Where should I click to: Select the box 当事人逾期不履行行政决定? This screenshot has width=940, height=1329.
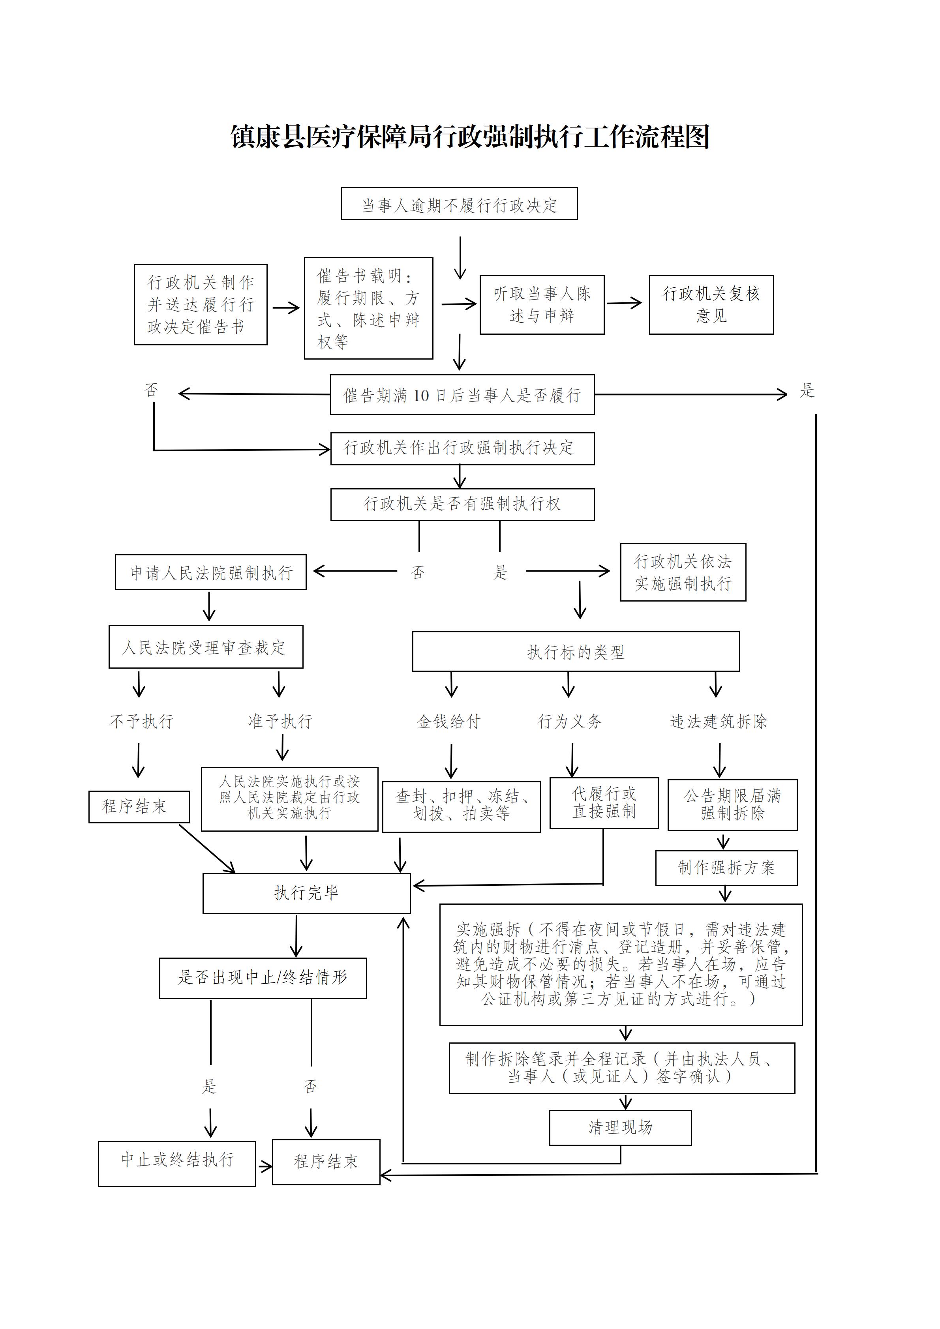pyautogui.click(x=459, y=204)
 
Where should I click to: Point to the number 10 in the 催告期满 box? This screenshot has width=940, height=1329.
pyautogui.click(x=421, y=396)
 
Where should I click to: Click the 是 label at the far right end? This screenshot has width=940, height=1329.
pyautogui.click(x=807, y=391)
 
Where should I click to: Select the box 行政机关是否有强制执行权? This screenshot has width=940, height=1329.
pyautogui.click(x=462, y=504)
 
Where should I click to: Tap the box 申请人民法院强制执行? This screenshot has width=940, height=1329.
pyautogui.click(x=211, y=572)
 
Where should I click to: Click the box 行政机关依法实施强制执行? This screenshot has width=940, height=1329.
pyautogui.click(x=683, y=572)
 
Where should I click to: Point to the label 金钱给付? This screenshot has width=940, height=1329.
pyautogui.click(x=449, y=721)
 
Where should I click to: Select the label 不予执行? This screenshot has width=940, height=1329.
pyautogui.click(x=141, y=721)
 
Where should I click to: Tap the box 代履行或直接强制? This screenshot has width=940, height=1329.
pyautogui.click(x=604, y=803)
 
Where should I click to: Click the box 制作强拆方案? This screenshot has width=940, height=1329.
pyautogui.click(x=726, y=868)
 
